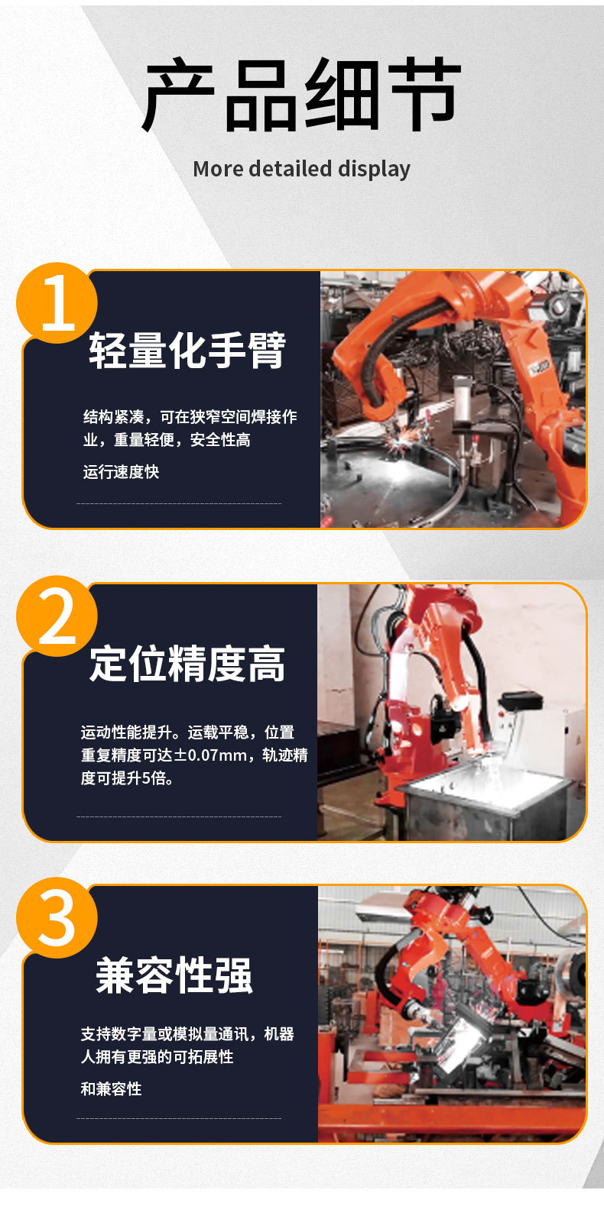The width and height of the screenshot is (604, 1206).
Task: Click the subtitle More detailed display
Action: (x=302, y=169)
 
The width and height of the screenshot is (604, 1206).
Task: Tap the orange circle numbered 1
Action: (x=57, y=302)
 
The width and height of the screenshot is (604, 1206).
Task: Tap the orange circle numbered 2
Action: (x=57, y=616)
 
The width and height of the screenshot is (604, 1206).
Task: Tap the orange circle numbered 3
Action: (x=57, y=918)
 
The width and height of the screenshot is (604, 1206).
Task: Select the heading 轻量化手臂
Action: (x=187, y=351)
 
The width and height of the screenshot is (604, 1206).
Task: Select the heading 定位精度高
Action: (x=187, y=664)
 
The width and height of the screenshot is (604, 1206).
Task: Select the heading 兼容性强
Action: (x=174, y=975)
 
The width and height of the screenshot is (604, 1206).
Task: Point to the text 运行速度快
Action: (x=122, y=472)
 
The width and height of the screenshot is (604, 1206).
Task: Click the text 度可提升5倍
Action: (x=127, y=778)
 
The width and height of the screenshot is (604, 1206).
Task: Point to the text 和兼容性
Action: (x=111, y=1088)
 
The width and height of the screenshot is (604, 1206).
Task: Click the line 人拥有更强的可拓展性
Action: (x=157, y=1057)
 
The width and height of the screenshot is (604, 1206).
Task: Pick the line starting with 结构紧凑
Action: (x=190, y=417)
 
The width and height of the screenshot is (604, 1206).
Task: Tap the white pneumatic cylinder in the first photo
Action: (x=466, y=397)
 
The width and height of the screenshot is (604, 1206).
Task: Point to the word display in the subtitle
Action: (x=374, y=170)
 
